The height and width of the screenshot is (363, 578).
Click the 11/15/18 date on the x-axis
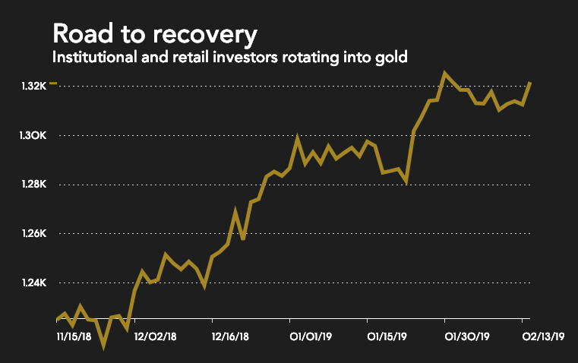(x=76, y=335)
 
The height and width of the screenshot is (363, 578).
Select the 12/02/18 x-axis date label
(x=155, y=335)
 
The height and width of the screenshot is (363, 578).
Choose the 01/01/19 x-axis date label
(x=311, y=335)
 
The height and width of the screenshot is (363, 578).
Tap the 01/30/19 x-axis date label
(x=466, y=335)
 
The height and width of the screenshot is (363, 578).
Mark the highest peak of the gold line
(x=445, y=74)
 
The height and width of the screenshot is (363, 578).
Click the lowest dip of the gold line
(x=104, y=346)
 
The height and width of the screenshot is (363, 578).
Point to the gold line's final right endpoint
(x=529, y=82)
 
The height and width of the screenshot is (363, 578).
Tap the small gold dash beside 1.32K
(x=52, y=84)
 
